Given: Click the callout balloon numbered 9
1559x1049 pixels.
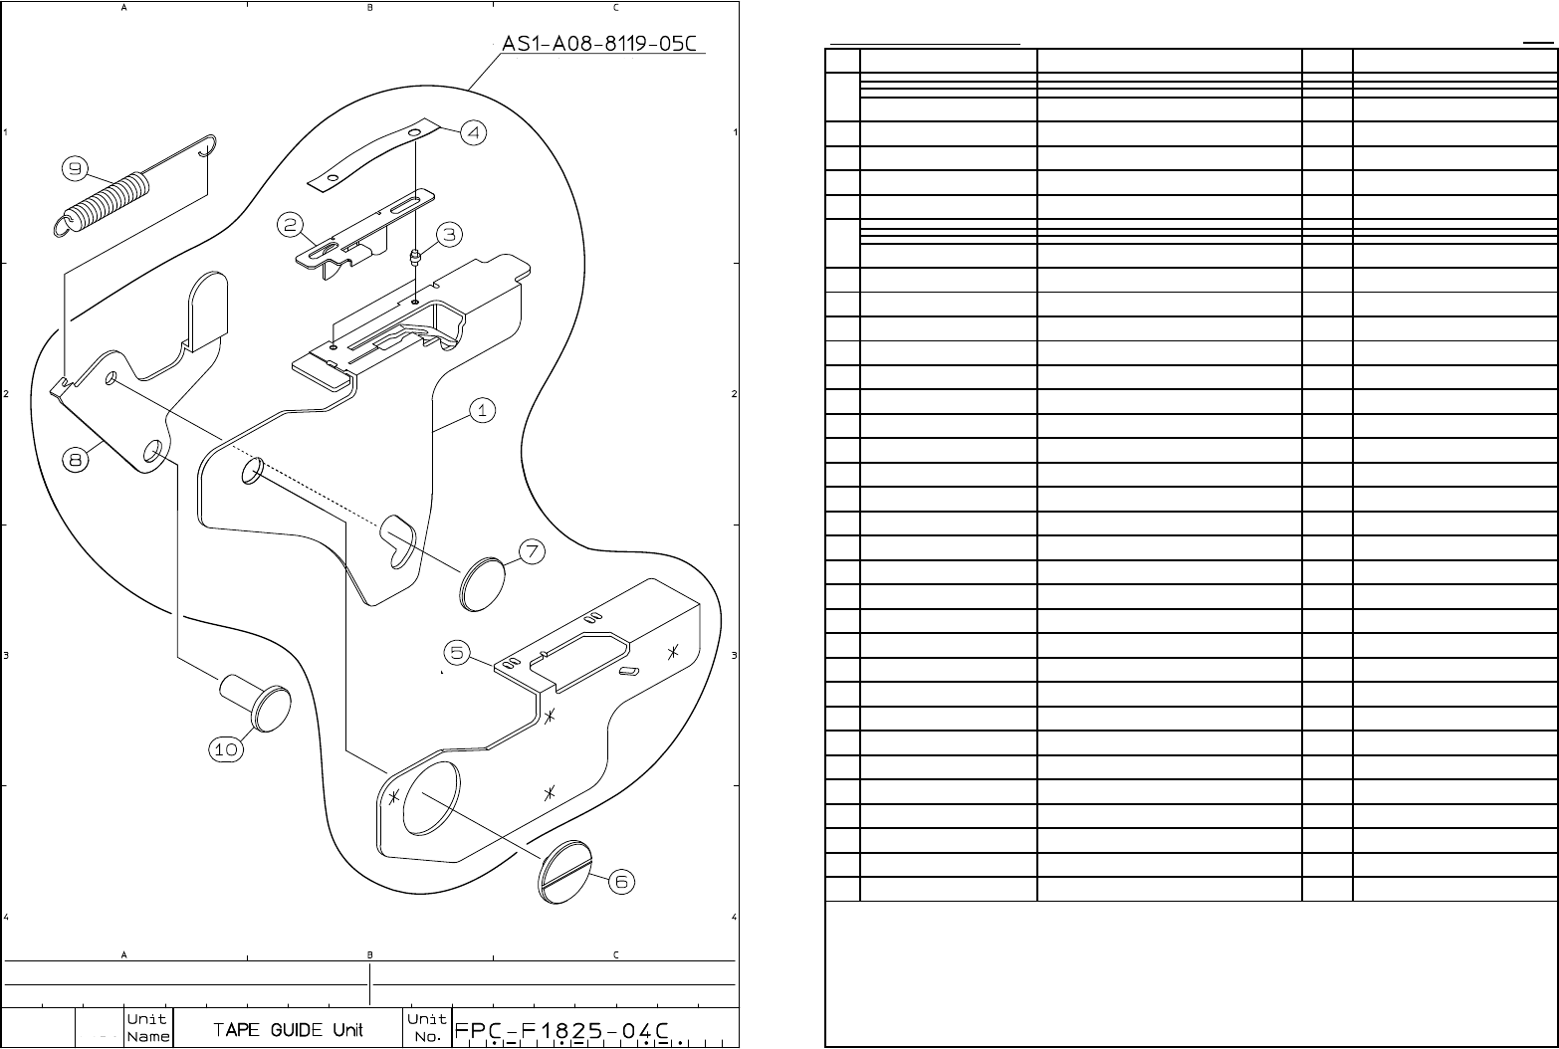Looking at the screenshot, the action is pos(75,169).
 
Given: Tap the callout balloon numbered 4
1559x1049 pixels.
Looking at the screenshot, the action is pos(473,132).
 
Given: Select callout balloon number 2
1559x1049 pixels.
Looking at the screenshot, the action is pos(290,226).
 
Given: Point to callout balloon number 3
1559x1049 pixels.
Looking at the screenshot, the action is pos(449,234).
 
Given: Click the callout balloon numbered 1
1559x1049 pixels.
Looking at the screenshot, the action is pos(482,410).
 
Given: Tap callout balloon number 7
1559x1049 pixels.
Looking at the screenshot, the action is pos(531,550).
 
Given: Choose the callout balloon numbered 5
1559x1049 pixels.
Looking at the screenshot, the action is pos(456,653).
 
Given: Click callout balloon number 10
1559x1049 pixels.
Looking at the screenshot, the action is pos(227,749).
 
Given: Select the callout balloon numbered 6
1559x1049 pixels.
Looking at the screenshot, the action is pos(621,881).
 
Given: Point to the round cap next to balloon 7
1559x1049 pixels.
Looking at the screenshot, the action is pos(482,584).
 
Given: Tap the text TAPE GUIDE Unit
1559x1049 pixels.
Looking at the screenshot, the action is pos(288,1029).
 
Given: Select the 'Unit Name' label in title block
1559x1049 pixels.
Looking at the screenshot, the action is pos(147,1028).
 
